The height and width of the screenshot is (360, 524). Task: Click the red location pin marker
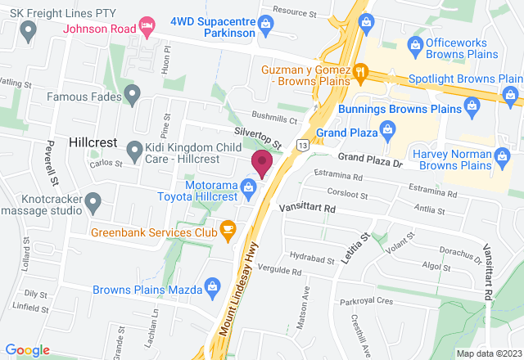(262, 163)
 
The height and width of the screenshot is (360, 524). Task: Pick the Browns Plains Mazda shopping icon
(213, 286)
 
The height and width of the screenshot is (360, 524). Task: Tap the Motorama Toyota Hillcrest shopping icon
(248, 187)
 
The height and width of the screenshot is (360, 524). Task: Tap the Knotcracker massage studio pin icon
(93, 200)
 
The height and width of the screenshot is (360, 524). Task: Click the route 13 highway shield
(303, 146)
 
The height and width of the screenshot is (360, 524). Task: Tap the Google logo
(26, 349)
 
